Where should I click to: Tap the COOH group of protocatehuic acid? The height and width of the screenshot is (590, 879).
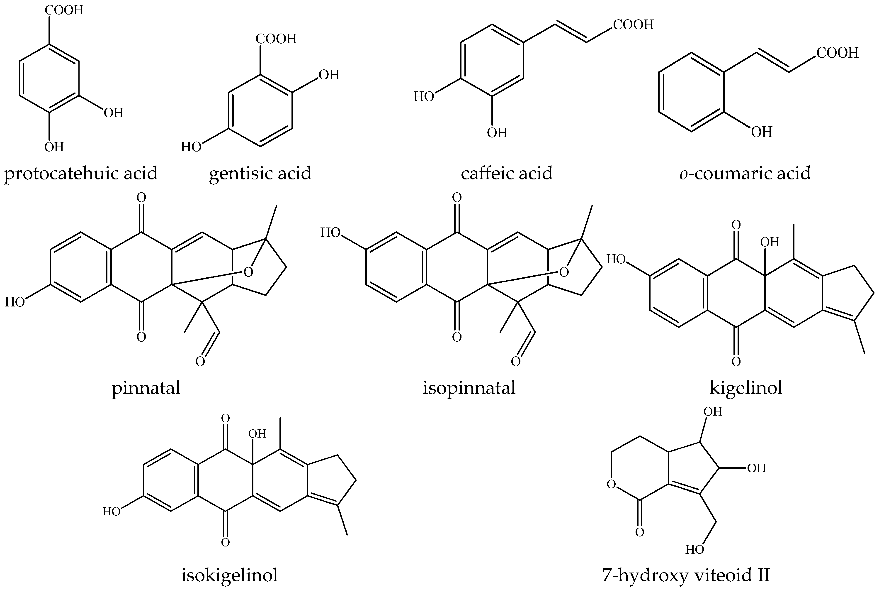pyautogui.click(x=64, y=10)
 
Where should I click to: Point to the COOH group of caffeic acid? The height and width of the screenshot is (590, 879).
pyautogui.click(x=634, y=25)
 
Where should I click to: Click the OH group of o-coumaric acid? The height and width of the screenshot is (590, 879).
pyautogui.click(x=762, y=132)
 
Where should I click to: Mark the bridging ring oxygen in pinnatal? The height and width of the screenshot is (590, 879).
pyautogui.click(x=248, y=272)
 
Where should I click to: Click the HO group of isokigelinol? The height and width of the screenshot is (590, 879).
pyautogui.click(x=112, y=512)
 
